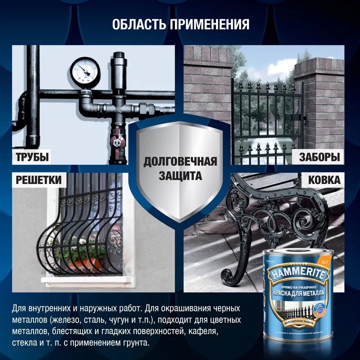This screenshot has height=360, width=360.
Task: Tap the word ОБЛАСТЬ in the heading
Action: pos(135,25)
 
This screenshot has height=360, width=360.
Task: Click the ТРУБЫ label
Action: pos(32,157)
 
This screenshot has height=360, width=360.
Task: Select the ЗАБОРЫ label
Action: pos(319,157)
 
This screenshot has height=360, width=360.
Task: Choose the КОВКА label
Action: pos(324,180)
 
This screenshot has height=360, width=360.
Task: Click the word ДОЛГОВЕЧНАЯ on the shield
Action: pos(180,162)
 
